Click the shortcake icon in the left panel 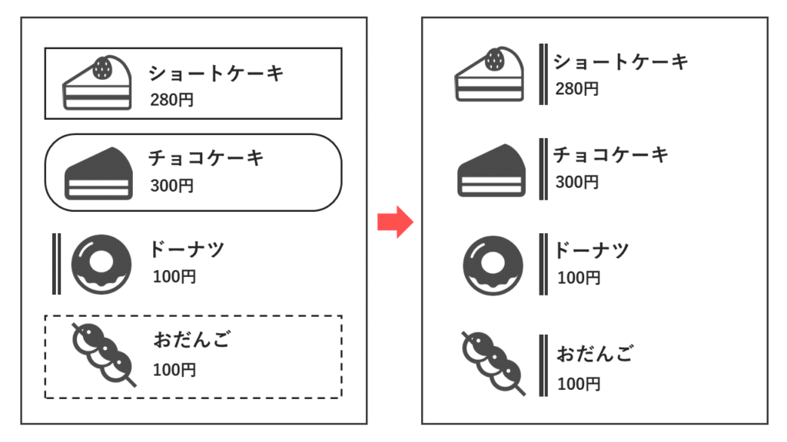click(x=97, y=84)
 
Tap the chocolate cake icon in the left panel click(x=98, y=173)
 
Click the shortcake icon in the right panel click(x=489, y=74)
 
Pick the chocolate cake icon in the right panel click(x=491, y=172)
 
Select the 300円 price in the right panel click(x=576, y=183)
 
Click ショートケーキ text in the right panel click(x=621, y=61)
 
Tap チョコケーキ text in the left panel click(x=206, y=158)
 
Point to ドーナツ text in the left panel click(x=187, y=249)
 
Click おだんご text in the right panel click(x=596, y=355)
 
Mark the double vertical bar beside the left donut click(x=56, y=264)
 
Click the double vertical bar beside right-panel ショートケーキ click(x=543, y=74)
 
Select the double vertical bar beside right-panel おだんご click(x=543, y=365)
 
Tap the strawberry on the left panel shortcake click(x=101, y=69)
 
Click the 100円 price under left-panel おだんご click(x=174, y=370)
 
